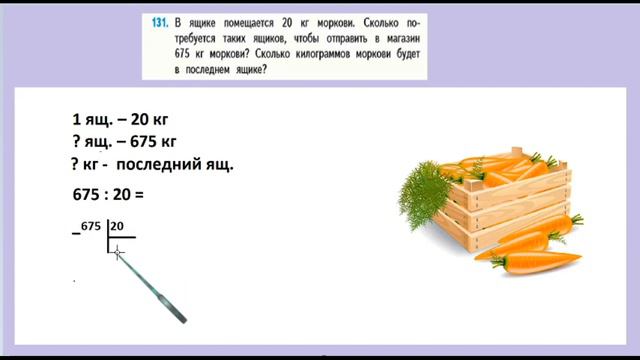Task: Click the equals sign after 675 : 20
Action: coord(139,194)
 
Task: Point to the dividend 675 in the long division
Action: coord(92,227)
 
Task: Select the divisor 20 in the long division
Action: coord(116,227)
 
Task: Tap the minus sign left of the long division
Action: coord(75,233)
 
